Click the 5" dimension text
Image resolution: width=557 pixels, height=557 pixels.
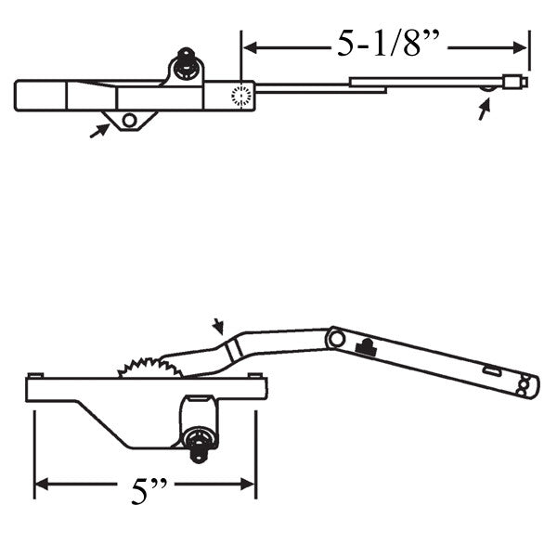(x=142, y=490)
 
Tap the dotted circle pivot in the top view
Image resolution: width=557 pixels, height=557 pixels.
(x=241, y=95)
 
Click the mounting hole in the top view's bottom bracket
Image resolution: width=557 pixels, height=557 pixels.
(x=129, y=120)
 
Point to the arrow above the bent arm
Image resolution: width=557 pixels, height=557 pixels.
(x=218, y=326)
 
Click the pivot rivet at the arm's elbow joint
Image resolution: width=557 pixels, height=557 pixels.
(x=337, y=340)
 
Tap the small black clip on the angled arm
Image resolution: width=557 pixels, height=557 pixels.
(x=366, y=348)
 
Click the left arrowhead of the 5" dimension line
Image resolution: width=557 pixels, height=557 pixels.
(x=41, y=484)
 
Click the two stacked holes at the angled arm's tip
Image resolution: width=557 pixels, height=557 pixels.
(x=525, y=384)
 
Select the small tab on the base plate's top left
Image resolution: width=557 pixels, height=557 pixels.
(x=33, y=374)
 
